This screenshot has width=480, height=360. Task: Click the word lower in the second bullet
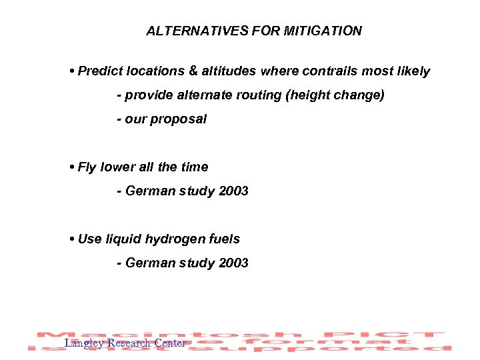(x=116, y=167)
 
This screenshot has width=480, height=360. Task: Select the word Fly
(x=87, y=167)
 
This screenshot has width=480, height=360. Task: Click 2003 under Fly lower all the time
(x=233, y=191)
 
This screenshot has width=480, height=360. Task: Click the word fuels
(x=224, y=239)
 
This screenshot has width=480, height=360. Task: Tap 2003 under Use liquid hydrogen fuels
(x=233, y=263)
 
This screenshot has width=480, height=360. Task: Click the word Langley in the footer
(x=84, y=343)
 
